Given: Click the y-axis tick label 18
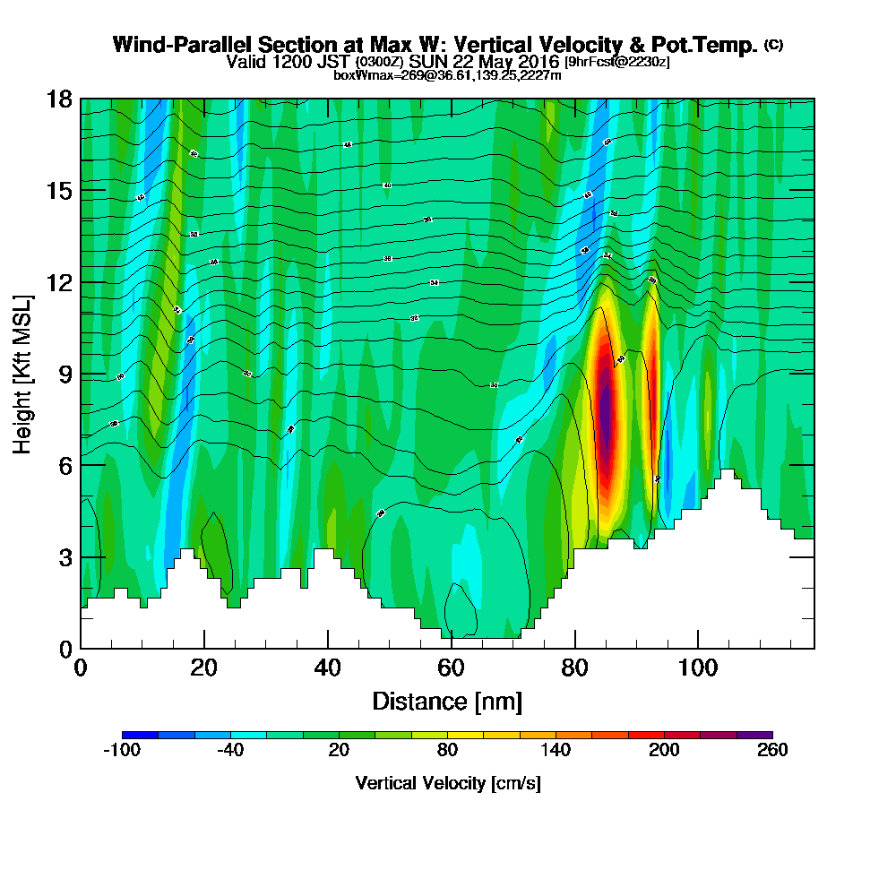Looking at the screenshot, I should tap(59, 99).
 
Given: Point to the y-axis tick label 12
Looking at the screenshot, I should tap(59, 282).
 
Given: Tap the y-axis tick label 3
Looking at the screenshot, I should tap(65, 556).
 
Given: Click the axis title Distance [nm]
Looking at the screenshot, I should tap(447, 701).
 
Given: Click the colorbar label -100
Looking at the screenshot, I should tap(122, 751).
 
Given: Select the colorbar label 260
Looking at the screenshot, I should tap(772, 751).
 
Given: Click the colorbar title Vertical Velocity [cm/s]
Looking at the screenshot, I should tap(447, 784).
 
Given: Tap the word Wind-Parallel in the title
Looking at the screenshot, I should tap(168, 45).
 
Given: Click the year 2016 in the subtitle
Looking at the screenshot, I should tap(538, 62).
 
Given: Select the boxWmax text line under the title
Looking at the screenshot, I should tap(447, 75).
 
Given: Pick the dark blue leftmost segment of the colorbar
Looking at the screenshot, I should tap(140, 735).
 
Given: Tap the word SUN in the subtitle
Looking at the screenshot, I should tap(426, 62).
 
